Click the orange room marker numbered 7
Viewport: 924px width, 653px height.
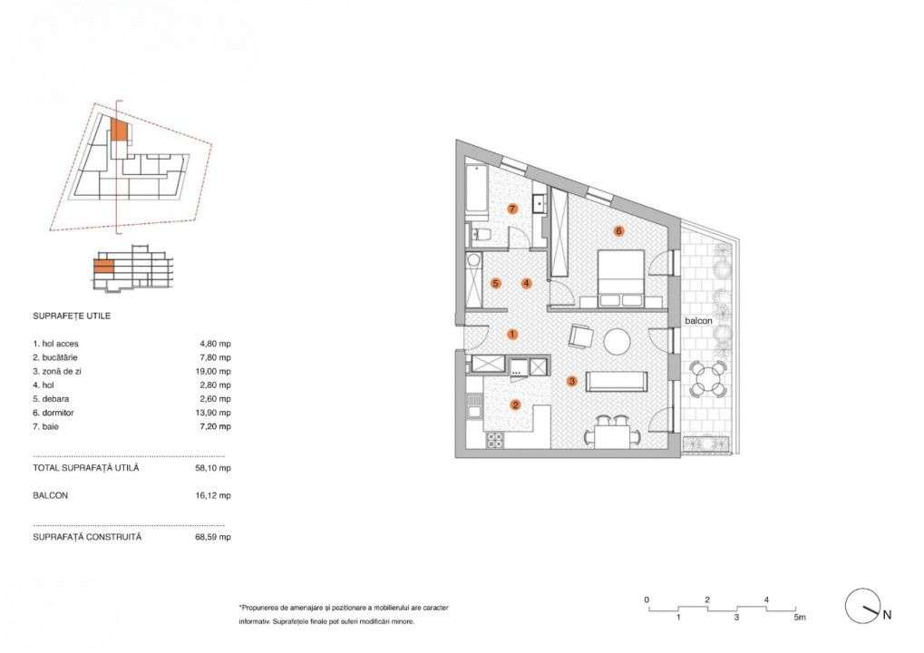tap(512, 209)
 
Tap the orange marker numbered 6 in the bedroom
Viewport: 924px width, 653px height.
tap(618, 231)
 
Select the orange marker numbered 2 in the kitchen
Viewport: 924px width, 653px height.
tap(515, 405)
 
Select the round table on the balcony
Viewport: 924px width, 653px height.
tap(707, 378)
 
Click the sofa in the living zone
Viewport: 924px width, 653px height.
tap(616, 381)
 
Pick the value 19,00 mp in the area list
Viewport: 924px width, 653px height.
tap(215, 372)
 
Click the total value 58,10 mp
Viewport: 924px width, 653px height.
tap(215, 469)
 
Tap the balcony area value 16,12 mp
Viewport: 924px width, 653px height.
tap(215, 496)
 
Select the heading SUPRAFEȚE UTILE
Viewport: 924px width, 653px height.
tap(72, 317)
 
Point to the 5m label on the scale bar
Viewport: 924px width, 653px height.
tap(798, 618)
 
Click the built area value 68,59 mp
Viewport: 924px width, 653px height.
tap(215, 537)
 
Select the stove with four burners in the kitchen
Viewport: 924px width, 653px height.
tap(495, 440)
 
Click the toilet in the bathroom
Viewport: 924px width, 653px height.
tap(481, 236)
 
